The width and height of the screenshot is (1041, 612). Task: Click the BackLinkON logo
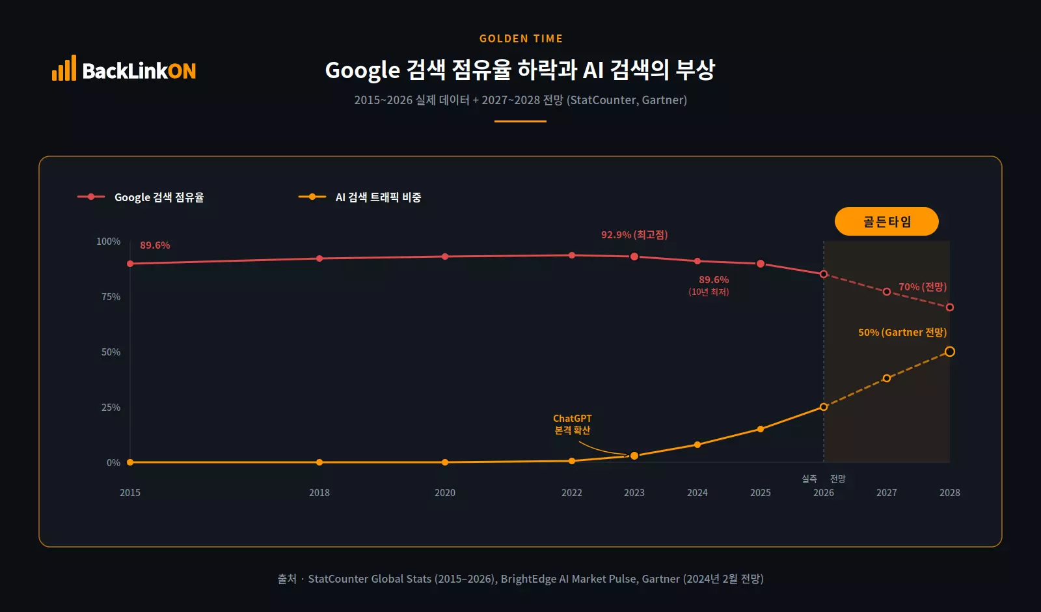pos(124,69)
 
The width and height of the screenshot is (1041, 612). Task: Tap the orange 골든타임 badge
pos(886,221)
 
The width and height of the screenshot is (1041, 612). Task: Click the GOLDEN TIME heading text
pos(520,38)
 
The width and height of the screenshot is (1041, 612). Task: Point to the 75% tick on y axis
pos(111,296)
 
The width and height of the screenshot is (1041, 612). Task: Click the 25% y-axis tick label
pos(111,407)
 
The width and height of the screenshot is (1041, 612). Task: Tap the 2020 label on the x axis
pos(444,492)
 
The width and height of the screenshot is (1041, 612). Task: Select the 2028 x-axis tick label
pos(949,492)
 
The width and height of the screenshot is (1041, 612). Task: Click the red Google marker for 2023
pos(634,257)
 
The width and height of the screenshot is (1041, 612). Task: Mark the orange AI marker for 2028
pos(949,352)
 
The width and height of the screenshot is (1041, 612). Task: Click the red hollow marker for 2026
pos(824,274)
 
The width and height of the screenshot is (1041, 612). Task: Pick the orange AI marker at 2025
pos(760,429)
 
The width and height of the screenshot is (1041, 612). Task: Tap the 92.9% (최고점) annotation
pos(634,234)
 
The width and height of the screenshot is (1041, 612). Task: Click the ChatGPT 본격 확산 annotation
pos(573,424)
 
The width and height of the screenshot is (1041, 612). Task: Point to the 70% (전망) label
pos(922,286)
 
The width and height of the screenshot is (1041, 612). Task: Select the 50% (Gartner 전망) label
pos(902,332)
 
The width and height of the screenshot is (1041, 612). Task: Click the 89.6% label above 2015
pos(155,245)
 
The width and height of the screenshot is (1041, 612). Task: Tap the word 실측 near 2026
pos(809,479)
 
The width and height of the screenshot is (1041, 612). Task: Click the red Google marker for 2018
pos(319,258)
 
